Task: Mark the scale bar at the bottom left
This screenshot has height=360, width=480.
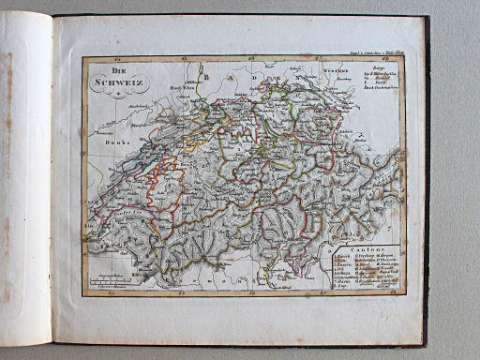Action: pos(110,280)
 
